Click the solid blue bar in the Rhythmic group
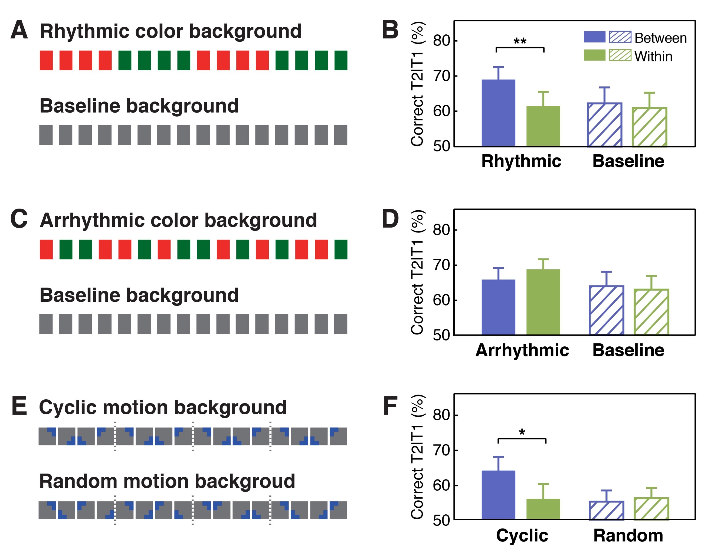click(498, 113)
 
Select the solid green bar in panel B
click(543, 126)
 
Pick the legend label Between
click(660, 38)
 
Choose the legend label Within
click(653, 57)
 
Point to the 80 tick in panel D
click(441, 230)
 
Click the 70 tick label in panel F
click(441, 450)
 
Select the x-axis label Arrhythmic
click(522, 350)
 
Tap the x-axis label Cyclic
click(522, 536)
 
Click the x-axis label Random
click(628, 536)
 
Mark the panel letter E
click(19, 406)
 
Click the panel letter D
click(390, 219)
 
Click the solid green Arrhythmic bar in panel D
click(543, 302)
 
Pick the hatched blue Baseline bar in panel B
click(604, 124)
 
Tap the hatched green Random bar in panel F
click(651, 508)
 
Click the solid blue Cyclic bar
click(498, 495)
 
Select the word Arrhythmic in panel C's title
click(91, 220)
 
